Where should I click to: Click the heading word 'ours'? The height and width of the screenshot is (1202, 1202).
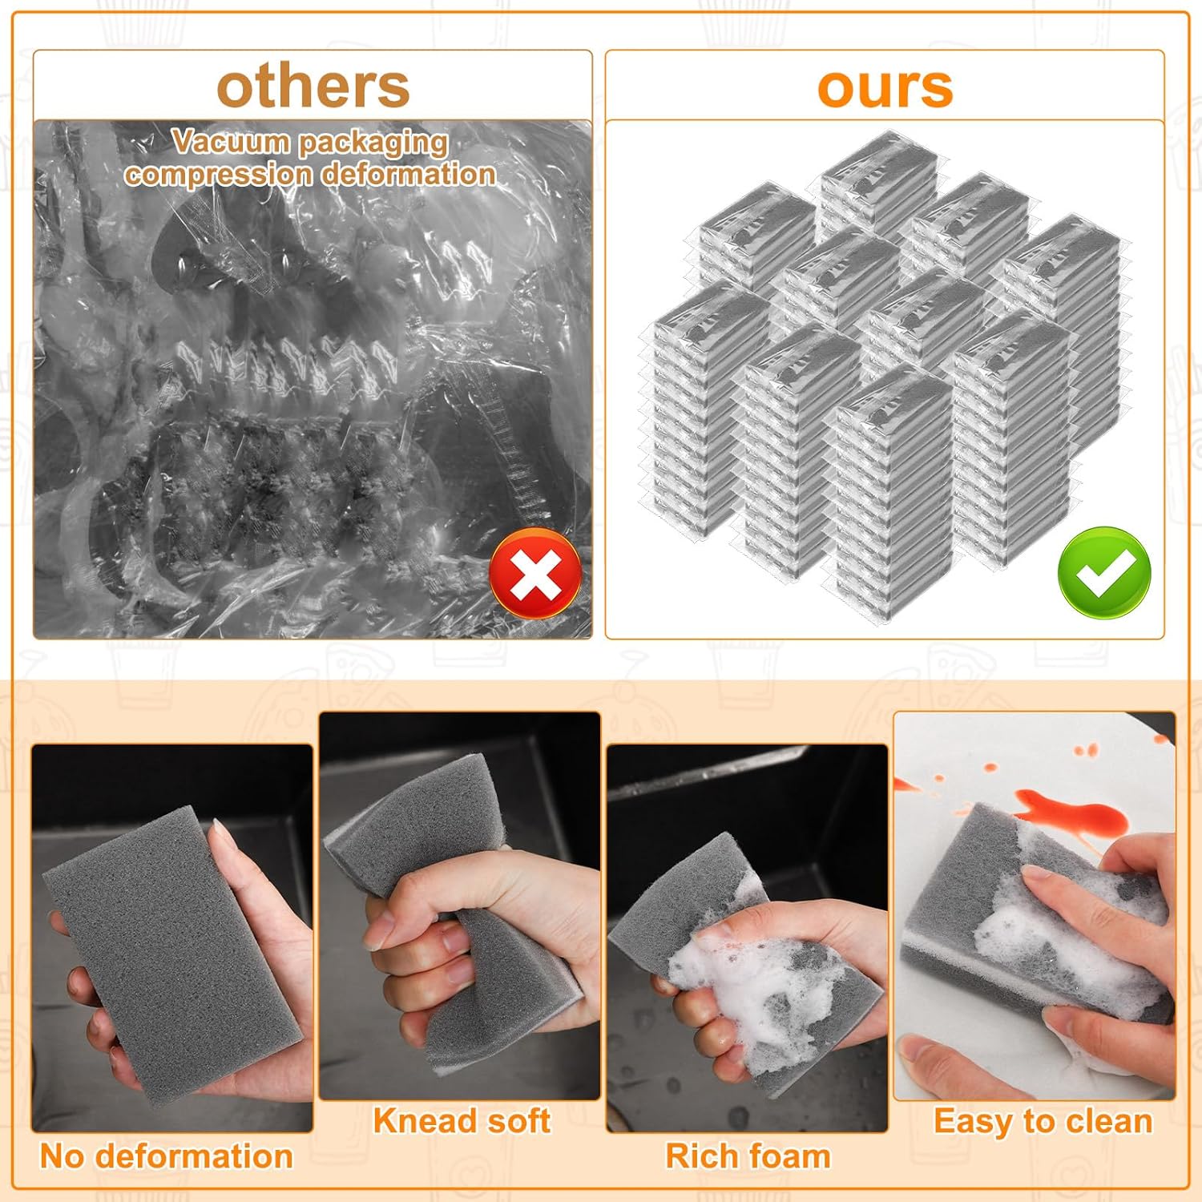tap(885, 87)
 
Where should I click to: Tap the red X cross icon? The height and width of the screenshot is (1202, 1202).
tap(535, 573)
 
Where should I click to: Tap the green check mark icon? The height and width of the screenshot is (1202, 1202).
tap(1104, 572)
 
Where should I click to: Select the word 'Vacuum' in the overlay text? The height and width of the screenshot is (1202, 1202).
tap(231, 142)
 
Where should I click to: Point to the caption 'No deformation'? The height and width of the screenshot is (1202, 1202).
tap(166, 1156)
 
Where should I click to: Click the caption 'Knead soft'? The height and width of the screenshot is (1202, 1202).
tap(462, 1120)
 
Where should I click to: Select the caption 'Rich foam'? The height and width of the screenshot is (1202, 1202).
tap(748, 1156)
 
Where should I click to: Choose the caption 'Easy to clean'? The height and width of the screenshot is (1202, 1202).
tap(1043, 1120)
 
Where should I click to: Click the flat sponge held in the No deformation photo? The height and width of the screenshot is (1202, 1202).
tap(168, 954)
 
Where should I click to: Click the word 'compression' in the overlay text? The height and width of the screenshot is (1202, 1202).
tap(218, 174)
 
